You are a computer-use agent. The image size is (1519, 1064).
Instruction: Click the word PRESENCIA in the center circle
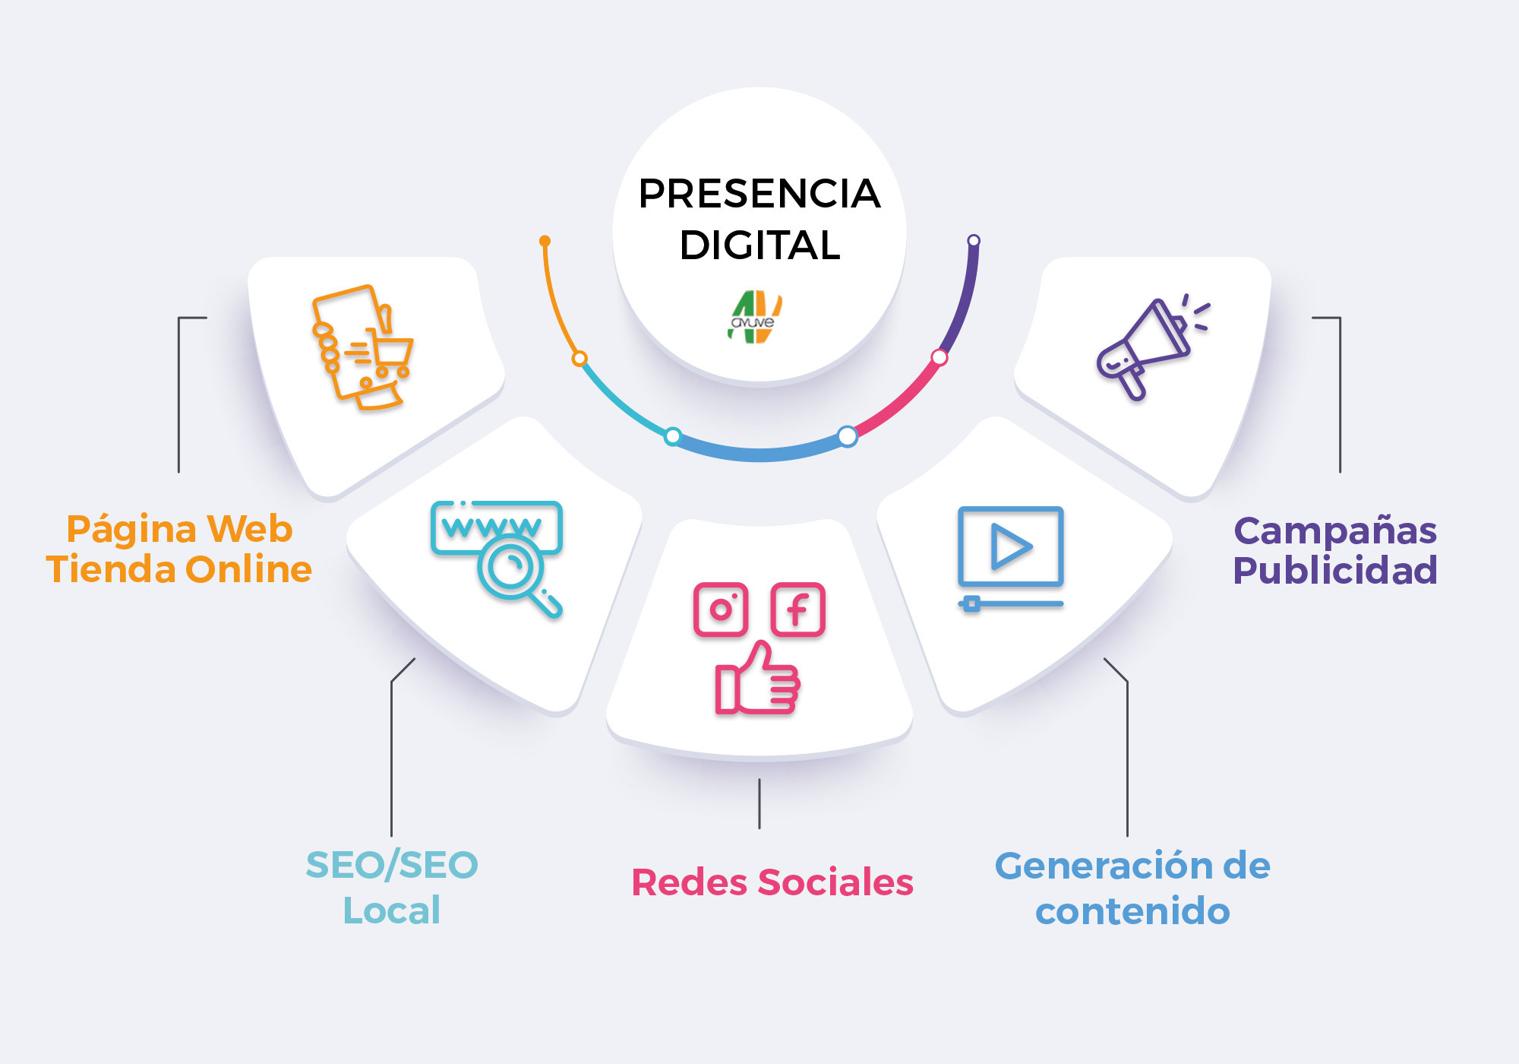point(759,194)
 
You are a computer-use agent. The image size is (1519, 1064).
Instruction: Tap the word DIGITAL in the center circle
point(759,245)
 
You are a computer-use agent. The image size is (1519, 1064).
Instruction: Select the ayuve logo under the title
point(754,317)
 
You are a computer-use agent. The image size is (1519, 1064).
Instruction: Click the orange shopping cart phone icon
point(362,347)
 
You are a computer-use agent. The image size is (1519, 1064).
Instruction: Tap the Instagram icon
point(721,610)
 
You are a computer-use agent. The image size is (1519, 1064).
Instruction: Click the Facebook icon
point(798,610)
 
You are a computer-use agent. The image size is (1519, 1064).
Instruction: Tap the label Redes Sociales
point(772,882)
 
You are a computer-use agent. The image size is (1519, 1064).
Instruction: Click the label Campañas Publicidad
point(1335,550)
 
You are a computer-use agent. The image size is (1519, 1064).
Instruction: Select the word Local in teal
point(392,910)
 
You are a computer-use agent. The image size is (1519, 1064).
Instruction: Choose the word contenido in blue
point(1132,911)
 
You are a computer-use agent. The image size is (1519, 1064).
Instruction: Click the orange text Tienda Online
point(179,569)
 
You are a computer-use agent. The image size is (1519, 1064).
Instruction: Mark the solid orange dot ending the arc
point(545,241)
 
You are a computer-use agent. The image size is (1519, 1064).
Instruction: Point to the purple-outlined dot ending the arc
point(974,241)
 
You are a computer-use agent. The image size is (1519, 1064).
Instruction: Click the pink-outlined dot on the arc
point(940,357)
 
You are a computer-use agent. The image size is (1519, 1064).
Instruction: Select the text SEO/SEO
point(392,866)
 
